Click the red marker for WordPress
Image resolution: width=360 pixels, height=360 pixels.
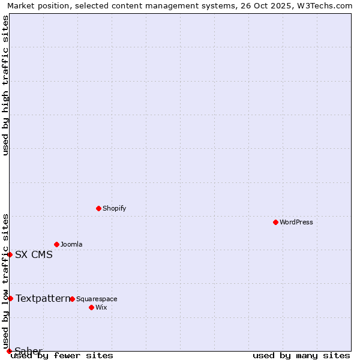pos(275,222)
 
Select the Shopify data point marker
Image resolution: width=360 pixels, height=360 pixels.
pos(98,208)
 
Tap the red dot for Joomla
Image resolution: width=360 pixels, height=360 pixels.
pos(56,244)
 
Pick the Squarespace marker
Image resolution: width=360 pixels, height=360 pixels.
pos(72,299)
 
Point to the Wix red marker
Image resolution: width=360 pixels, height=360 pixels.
pos(91,307)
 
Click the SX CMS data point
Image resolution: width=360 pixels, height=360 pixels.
pos(10,254)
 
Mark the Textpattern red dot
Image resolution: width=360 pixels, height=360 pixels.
pos(10,298)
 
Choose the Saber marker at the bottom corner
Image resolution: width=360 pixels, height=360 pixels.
pos(9,351)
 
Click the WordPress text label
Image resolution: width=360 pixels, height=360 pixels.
pos(296,223)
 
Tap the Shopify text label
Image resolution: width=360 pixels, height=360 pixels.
pos(115,209)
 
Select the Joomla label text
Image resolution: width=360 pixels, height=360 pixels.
pos(71,245)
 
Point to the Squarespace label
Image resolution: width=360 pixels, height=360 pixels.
pos(97,299)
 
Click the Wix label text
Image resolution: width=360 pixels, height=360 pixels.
pos(101,308)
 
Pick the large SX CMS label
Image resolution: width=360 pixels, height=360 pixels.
pos(34,254)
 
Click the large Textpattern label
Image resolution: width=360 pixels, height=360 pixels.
pos(43,298)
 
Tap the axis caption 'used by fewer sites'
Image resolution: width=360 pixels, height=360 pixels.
pos(62,355)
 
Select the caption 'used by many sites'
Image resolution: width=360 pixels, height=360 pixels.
pos(301,355)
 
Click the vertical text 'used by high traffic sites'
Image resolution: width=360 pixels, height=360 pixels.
pos(5,85)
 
